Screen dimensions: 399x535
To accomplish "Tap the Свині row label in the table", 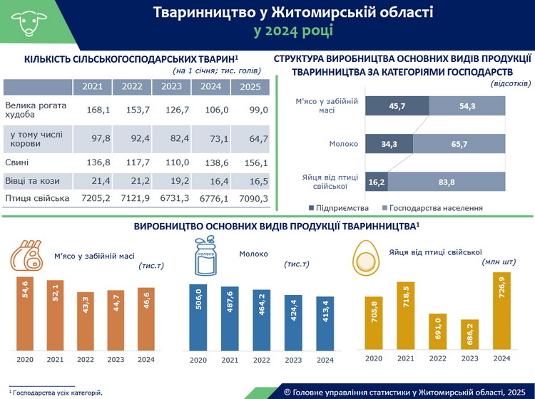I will point(17,162).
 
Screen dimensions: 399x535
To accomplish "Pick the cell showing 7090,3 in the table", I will point(250,198).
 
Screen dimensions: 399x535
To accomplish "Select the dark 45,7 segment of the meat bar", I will point(397,105).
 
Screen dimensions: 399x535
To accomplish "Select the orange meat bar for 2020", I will point(25,313).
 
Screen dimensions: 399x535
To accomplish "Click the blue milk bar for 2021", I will point(229,318).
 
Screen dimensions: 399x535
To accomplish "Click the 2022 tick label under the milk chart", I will point(261,360).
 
